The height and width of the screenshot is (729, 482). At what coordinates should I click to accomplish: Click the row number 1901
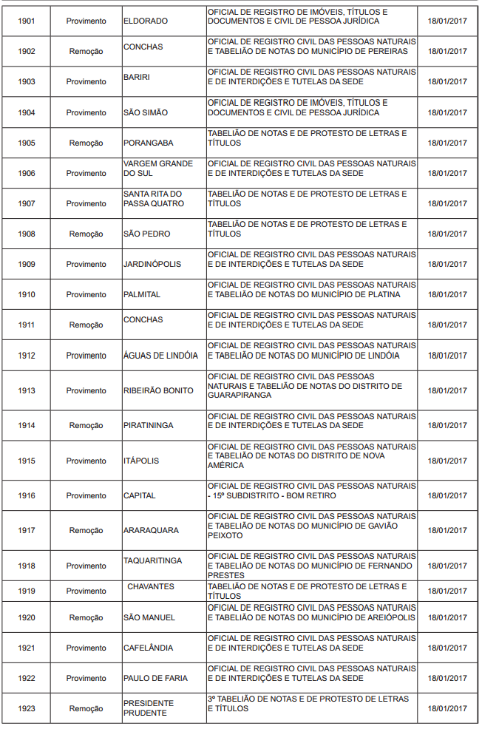coord(26,21)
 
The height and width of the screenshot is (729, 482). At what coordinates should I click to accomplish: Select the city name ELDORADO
coord(146,21)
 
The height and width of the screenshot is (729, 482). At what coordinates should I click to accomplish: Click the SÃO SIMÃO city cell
coord(146,112)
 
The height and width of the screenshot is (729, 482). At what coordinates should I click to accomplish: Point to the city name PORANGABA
coord(149,143)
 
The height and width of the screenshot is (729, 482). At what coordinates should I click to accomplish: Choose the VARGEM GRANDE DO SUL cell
coord(158,168)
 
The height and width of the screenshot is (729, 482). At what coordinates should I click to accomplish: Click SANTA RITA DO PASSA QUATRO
coord(153,198)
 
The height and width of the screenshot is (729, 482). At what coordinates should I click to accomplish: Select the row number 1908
coord(26,234)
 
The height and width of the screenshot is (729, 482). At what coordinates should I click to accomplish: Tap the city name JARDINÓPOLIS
coord(152,264)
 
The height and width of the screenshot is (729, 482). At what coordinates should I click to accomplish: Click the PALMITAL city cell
coord(142,294)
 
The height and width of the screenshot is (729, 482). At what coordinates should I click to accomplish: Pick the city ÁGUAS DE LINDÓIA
coord(160,355)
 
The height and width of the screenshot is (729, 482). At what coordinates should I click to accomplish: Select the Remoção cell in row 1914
coord(86,425)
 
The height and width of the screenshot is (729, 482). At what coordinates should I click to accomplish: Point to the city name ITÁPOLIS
coord(141,461)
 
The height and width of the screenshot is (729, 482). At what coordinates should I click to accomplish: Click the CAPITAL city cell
coord(140,495)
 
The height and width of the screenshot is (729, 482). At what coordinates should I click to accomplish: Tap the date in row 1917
coord(447,530)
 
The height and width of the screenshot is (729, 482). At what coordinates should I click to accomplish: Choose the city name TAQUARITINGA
coord(153,560)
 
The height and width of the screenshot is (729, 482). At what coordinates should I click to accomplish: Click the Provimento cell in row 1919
coord(86,591)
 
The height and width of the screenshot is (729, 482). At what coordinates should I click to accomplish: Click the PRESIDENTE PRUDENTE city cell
coord(149,708)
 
